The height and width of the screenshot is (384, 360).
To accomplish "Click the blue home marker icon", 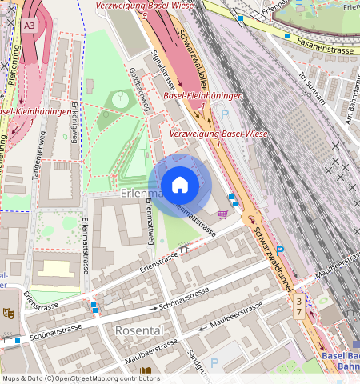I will coord(180,186).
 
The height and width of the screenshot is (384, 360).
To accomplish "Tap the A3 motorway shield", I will coord(30,26).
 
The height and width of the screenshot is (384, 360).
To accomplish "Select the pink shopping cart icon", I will coord(222,214).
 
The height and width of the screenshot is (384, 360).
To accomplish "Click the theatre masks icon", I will coord(9,313).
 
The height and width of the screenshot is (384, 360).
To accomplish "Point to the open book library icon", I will coord(145,371).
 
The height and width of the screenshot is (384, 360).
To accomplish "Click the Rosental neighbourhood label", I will coord(139,330).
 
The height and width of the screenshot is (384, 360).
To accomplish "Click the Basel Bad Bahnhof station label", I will coord(340,361).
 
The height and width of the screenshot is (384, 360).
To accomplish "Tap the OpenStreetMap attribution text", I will coord(80,378).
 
